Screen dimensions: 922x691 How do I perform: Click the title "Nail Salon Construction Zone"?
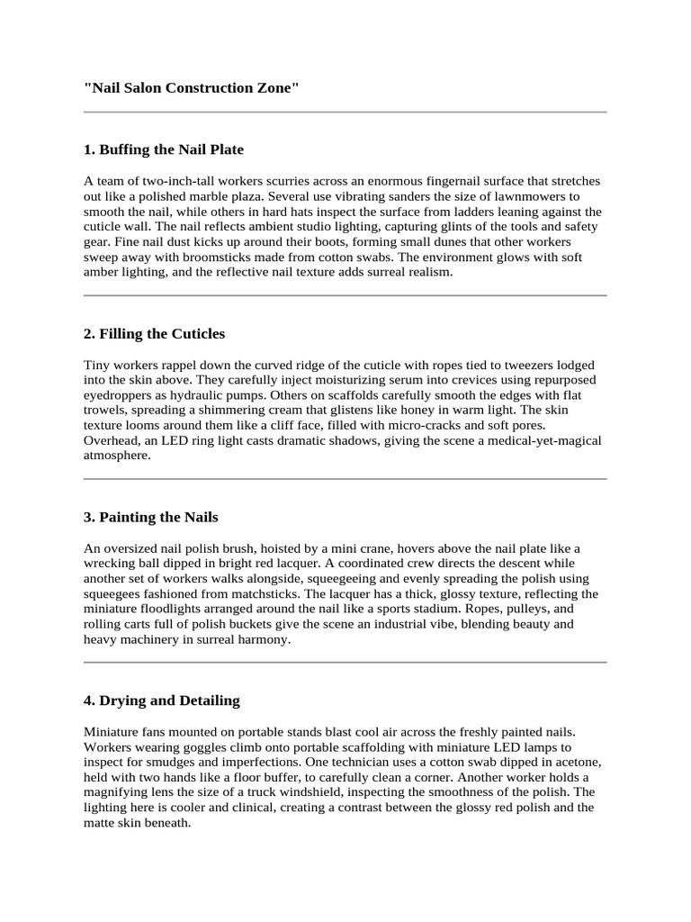coord(191,87)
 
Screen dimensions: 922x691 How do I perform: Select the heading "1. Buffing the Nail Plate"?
coord(163,149)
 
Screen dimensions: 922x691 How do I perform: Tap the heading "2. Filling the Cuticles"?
coord(154,334)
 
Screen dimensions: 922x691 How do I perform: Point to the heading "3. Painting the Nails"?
coord(150,518)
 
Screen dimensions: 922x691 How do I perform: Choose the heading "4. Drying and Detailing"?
coord(161,701)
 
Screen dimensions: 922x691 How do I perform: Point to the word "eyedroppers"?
coord(117,395)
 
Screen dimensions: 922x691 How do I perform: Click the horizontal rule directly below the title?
coord(345,113)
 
